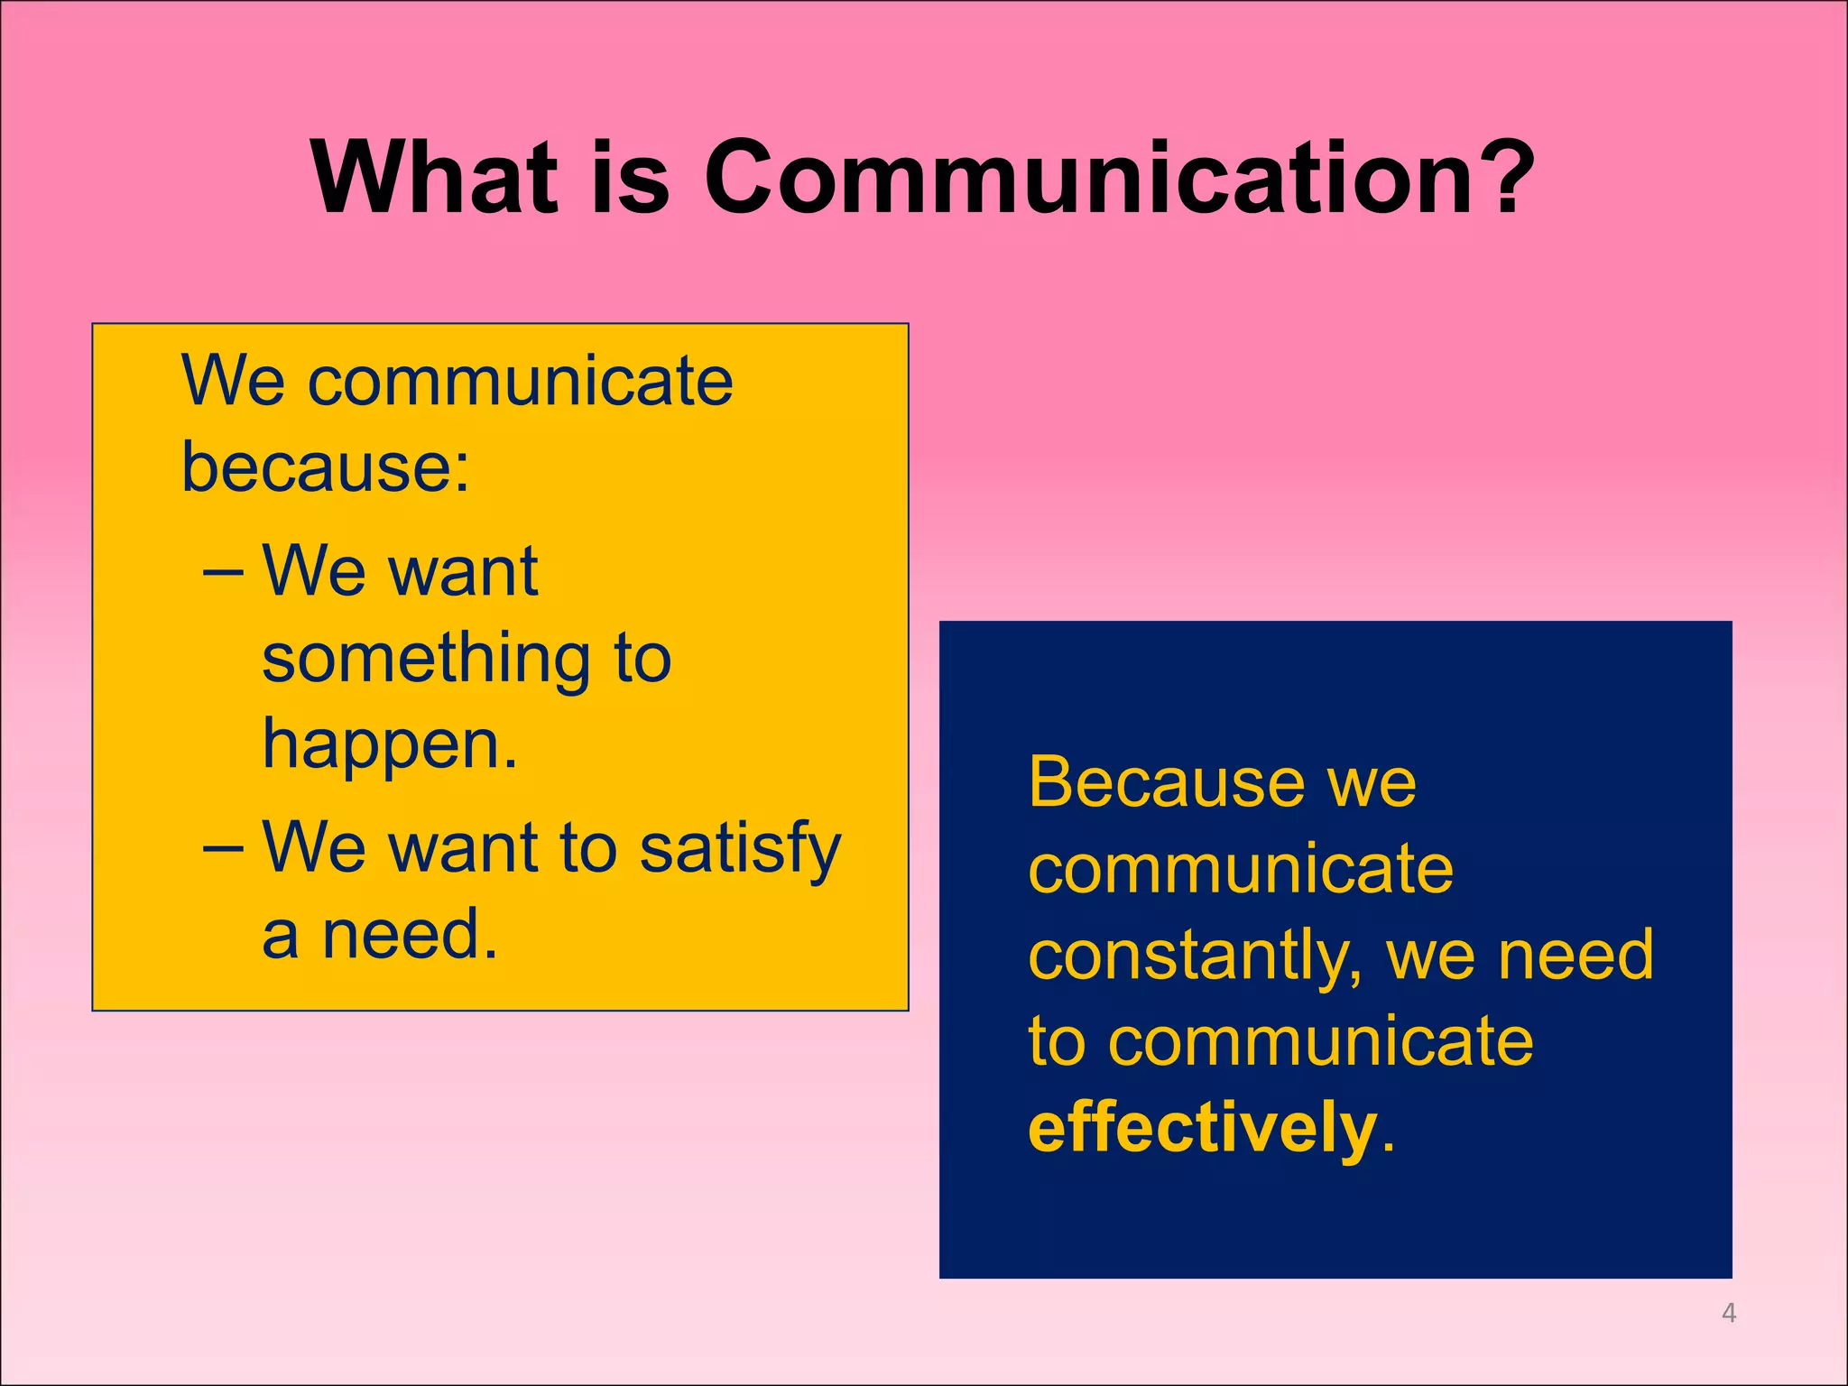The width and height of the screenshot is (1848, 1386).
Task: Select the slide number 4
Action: (x=1728, y=1313)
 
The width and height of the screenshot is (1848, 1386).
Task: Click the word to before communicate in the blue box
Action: (x=1055, y=1043)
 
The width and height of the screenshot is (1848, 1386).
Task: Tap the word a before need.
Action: (x=281, y=938)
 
